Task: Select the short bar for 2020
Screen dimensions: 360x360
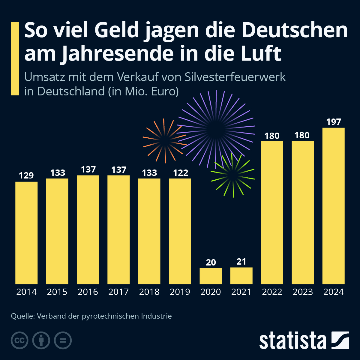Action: [x=211, y=276]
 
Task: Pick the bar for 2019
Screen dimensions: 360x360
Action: [x=180, y=231]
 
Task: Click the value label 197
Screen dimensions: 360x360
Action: [x=334, y=122]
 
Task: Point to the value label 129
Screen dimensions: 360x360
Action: [x=26, y=175]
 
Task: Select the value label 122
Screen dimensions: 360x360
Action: [x=180, y=173]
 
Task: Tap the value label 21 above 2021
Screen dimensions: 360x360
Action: [x=241, y=262]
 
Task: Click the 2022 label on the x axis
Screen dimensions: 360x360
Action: [x=272, y=292]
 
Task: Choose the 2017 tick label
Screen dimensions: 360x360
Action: [x=118, y=292]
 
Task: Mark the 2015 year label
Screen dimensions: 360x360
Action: [x=57, y=292]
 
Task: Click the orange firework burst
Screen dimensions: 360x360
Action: [x=164, y=141]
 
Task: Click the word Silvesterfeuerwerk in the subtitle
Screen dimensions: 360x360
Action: [x=235, y=77]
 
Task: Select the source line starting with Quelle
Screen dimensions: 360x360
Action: [x=91, y=316]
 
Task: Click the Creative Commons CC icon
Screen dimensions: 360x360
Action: [x=19, y=340]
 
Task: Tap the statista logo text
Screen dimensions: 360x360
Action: [x=293, y=341]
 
